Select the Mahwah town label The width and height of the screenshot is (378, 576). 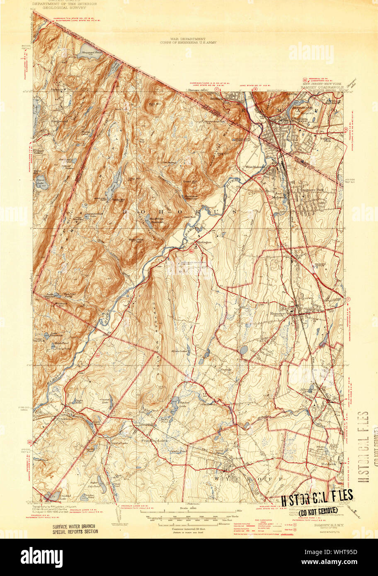[279, 198]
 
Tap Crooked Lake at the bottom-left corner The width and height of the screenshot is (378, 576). [52, 496]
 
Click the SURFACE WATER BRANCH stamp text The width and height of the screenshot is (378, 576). [75, 529]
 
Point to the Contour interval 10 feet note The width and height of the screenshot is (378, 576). [189, 529]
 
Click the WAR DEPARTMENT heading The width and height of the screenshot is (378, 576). [189, 38]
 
